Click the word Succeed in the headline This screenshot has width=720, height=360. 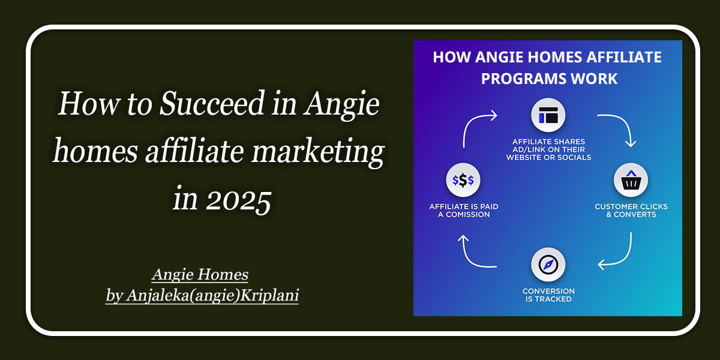pyautogui.click(x=212, y=103)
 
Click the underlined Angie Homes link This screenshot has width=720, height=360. pyautogui.click(x=200, y=275)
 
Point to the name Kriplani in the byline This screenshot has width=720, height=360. pyautogui.click(x=269, y=295)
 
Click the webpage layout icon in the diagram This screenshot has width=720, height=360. pyautogui.click(x=548, y=115)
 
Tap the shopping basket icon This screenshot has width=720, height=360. pyautogui.click(x=631, y=180)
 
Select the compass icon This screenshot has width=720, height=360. pyautogui.click(x=548, y=265)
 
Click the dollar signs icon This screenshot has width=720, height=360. pyautogui.click(x=463, y=180)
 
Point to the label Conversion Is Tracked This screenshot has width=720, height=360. pyautogui.click(x=548, y=295)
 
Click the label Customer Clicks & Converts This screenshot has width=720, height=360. pyautogui.click(x=631, y=211)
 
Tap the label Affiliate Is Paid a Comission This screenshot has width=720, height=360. pyautogui.click(x=464, y=211)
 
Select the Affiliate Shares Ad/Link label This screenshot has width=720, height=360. pyautogui.click(x=548, y=149)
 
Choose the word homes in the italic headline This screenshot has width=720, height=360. pyautogui.click(x=95, y=151)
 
